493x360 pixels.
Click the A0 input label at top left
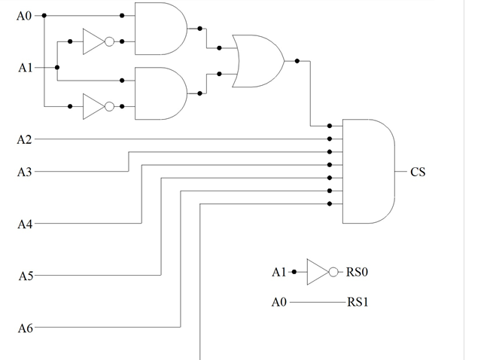[25, 16]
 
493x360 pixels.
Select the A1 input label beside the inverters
[25, 68]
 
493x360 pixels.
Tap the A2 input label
[25, 139]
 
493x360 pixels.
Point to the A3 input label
[25, 172]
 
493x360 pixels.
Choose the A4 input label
[25, 224]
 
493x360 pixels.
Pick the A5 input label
[25, 276]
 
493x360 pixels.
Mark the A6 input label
[25, 328]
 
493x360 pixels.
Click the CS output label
[418, 172]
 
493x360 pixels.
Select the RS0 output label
[358, 272]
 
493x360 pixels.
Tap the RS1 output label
[358, 303]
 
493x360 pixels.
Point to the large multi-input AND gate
[369, 171]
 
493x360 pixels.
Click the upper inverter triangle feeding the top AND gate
[93, 42]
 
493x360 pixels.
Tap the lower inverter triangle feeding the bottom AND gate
[93, 106]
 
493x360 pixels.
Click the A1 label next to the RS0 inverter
[279, 272]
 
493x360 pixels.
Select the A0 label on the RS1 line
[279, 303]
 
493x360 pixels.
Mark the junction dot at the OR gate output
[298, 61]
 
